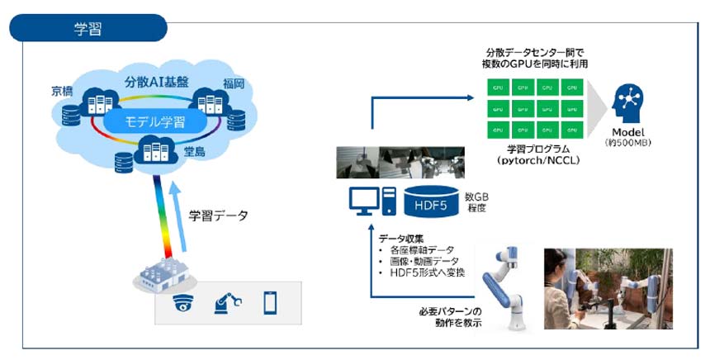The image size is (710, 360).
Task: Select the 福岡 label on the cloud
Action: (234, 83)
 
